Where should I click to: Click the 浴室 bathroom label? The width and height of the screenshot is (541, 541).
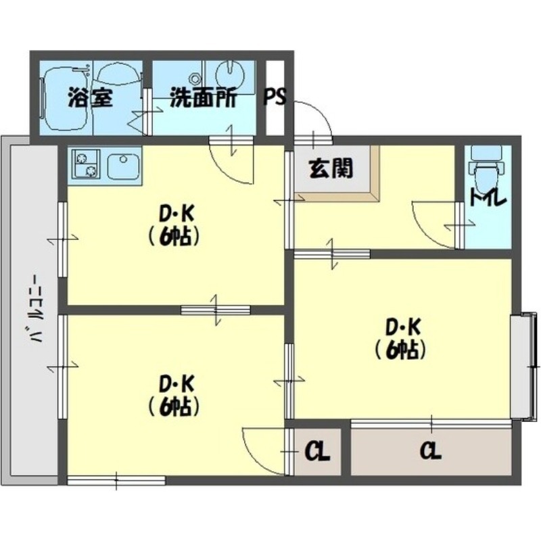pyautogui.click(x=89, y=98)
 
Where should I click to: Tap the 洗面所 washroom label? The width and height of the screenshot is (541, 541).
pyautogui.click(x=203, y=98)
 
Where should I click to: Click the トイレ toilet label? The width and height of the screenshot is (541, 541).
pyautogui.click(x=487, y=199)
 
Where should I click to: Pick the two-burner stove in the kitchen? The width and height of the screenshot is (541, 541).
pyautogui.click(x=86, y=164)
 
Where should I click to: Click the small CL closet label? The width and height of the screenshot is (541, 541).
pyautogui.click(x=316, y=450)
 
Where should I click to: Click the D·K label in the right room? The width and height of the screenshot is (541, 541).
pyautogui.click(x=404, y=327)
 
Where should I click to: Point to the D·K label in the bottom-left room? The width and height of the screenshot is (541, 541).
pyautogui.click(x=177, y=384)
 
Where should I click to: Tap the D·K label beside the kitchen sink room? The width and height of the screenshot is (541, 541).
pyautogui.click(x=177, y=214)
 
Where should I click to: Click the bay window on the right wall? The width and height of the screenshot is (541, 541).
pyautogui.click(x=523, y=365)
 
